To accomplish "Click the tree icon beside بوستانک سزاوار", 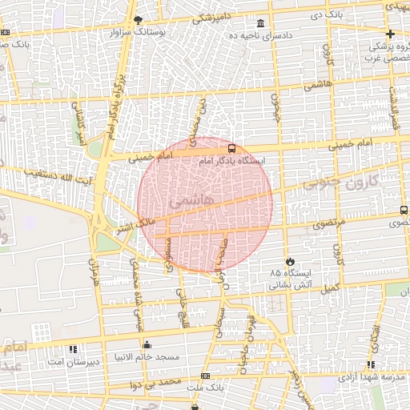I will tap(138, 19).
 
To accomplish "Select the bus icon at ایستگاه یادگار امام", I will tap(231, 148).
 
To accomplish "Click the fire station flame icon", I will tap(290, 261).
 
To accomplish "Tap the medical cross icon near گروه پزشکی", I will tap(390, 34).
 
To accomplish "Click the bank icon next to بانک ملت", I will tap(206, 375).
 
